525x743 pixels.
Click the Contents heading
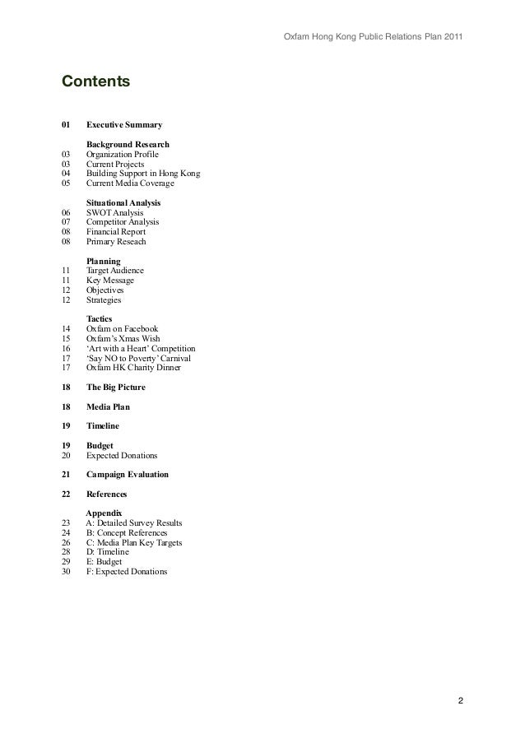(x=95, y=82)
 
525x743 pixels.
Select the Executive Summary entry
(x=124, y=125)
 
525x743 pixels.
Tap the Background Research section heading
(x=128, y=145)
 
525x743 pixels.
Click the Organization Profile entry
(x=123, y=155)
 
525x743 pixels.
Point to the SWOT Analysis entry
(x=114, y=212)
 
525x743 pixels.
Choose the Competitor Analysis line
(x=123, y=222)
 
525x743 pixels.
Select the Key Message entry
(x=110, y=281)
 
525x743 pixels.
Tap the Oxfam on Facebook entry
(x=122, y=329)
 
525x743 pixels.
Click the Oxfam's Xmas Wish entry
(x=123, y=339)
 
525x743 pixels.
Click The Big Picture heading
(x=118, y=388)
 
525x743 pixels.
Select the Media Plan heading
(x=108, y=406)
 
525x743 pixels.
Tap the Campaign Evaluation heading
(x=128, y=475)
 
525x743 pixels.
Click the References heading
(x=107, y=495)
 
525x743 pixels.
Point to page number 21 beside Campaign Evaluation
(x=66, y=475)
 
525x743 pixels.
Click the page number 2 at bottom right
(x=461, y=701)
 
